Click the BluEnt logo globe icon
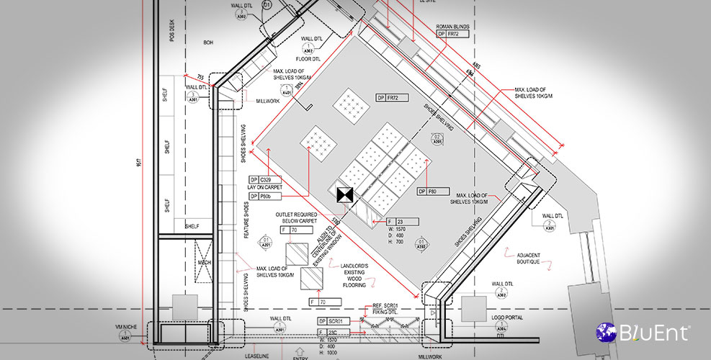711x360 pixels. pyautogui.click(x=605, y=333)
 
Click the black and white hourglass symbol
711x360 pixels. pyautogui.click(x=344, y=194)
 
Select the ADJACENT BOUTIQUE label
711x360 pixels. pyautogui.click(x=534, y=258)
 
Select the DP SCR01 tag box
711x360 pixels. pyautogui.click(x=334, y=320)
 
